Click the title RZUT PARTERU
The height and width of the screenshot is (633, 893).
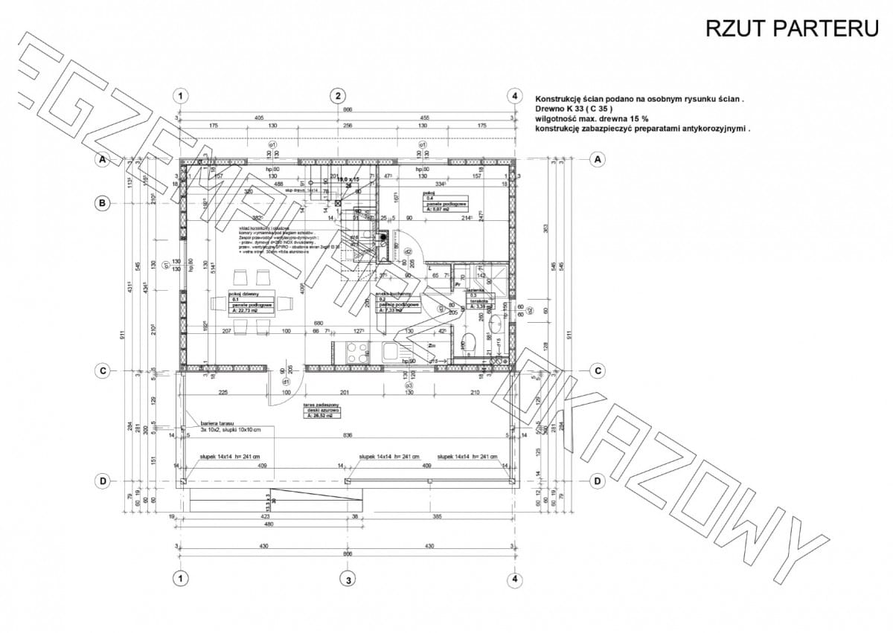pyautogui.click(x=792, y=28)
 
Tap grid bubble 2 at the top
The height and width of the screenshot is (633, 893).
pyautogui.click(x=338, y=95)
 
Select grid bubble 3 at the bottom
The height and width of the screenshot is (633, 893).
pyautogui.click(x=345, y=579)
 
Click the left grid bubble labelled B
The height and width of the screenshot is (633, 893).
pyautogui.click(x=103, y=202)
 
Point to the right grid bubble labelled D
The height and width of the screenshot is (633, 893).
pyautogui.click(x=598, y=481)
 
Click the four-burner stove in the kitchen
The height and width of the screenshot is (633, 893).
pyautogui.click(x=356, y=351)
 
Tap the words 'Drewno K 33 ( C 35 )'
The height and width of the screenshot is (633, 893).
pyautogui.click(x=574, y=109)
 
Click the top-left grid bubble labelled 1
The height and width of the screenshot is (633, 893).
pyautogui.click(x=179, y=95)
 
